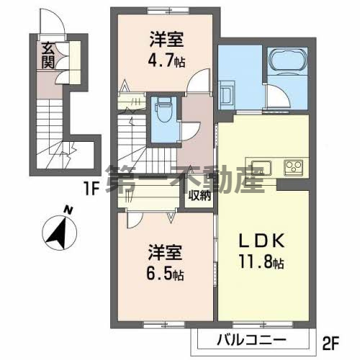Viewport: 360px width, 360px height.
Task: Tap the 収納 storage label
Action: click(x=199, y=195)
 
